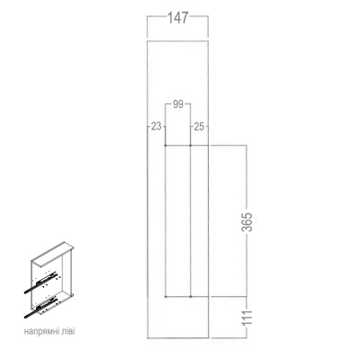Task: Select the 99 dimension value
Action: [177, 104]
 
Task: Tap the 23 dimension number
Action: [155, 127]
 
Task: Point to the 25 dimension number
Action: [200, 127]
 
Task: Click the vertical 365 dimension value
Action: [247, 224]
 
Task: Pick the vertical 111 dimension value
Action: [247, 316]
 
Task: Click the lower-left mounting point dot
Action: [166, 296]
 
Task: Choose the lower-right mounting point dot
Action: [192, 296]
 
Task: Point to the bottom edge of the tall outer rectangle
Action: [177, 337]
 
